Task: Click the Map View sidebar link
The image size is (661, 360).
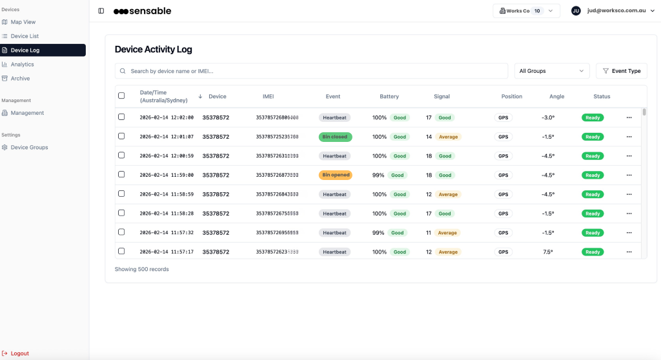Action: pos(23,22)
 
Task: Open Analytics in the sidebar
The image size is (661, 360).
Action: pos(22,65)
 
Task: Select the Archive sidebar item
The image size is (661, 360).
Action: pos(20,79)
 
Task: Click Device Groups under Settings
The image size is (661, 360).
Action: pos(29,148)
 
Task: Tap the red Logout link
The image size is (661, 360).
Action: pos(19,354)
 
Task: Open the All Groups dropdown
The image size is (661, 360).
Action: pos(552,71)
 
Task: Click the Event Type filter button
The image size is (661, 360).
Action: pos(621,71)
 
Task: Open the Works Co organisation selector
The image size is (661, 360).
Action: pos(526,11)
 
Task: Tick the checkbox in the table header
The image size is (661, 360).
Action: pos(121,96)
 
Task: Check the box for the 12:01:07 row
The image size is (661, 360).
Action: pos(121,137)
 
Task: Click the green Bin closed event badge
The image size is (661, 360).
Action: pos(335,137)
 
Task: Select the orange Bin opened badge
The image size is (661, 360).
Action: pos(335,175)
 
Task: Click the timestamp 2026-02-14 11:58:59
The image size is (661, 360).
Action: pos(167,194)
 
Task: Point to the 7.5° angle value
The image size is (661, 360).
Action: pos(548,252)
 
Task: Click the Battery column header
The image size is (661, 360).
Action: pos(389,97)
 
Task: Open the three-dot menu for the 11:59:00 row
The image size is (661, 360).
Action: pos(629,175)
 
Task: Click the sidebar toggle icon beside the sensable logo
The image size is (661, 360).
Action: pos(101,11)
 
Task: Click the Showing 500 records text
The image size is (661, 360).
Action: pos(141,269)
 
